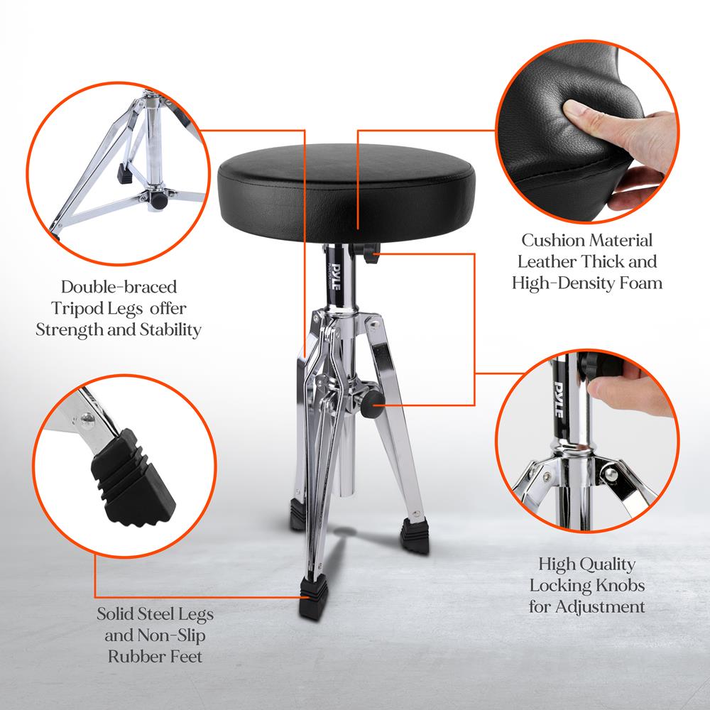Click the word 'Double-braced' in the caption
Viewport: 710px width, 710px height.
(x=119, y=288)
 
